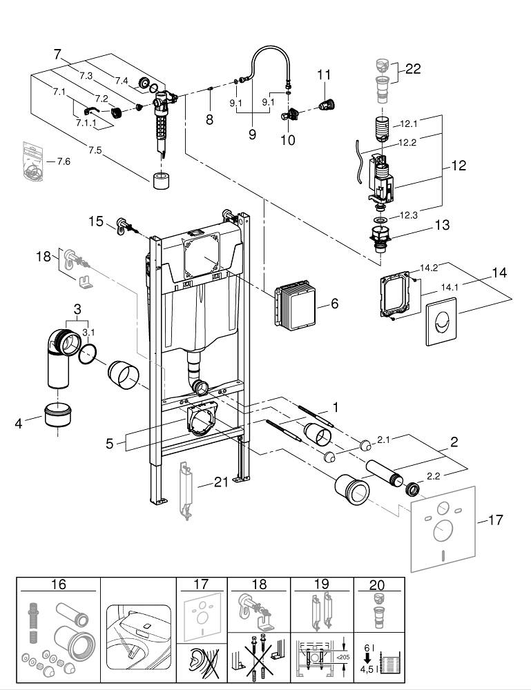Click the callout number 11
pyautogui.click(x=325, y=75)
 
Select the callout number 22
pyautogui.click(x=414, y=69)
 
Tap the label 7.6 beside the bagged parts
pyautogui.click(x=64, y=161)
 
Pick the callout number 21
pyautogui.click(x=220, y=482)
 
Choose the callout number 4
pyautogui.click(x=19, y=422)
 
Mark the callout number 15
pyautogui.click(x=95, y=221)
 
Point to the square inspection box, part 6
pyautogui.click(x=298, y=303)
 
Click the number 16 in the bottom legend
pyautogui.click(x=58, y=584)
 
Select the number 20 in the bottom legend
pyautogui.click(x=376, y=584)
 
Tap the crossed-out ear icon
pyautogui.click(x=202, y=665)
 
